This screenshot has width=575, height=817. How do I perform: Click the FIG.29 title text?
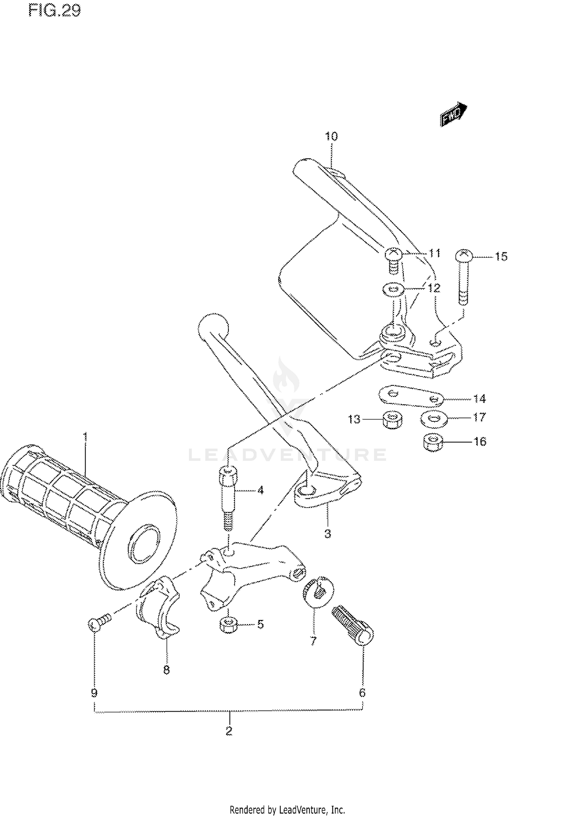54,11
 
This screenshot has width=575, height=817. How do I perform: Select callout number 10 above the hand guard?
331,136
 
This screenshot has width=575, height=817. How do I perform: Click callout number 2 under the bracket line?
229,731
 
